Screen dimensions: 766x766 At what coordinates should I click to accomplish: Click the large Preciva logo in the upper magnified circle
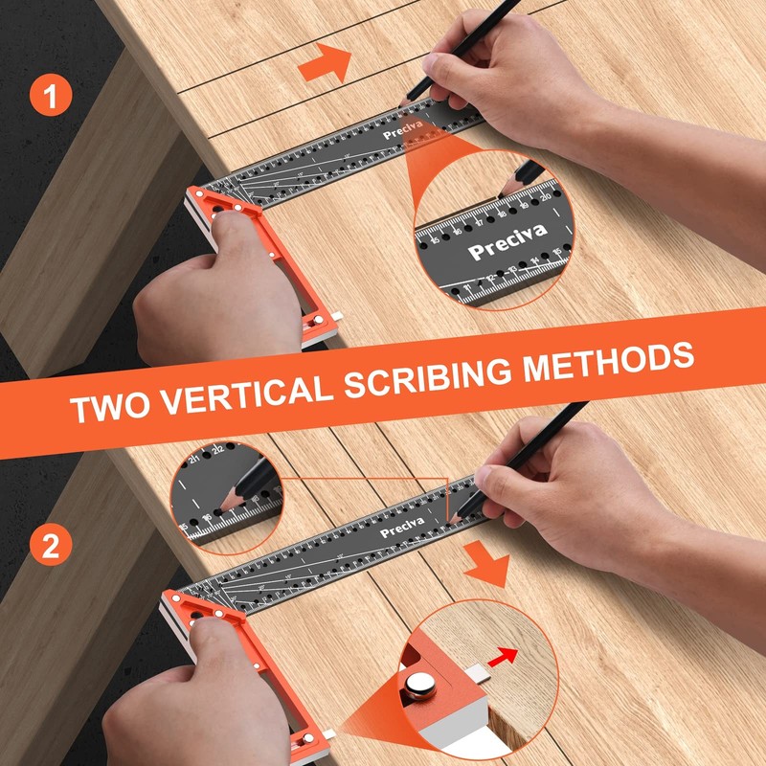(507, 243)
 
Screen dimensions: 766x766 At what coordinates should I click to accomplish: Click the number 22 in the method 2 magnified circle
(217, 451)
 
